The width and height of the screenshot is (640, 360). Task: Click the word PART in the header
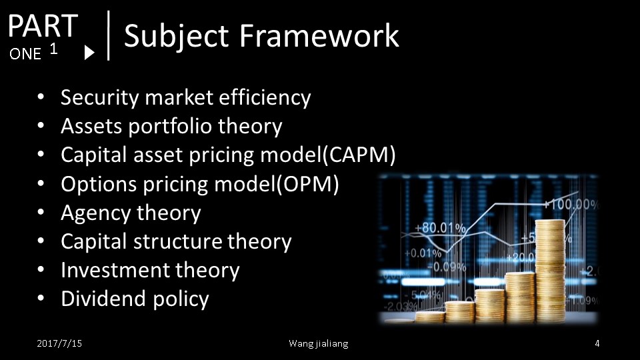(43, 25)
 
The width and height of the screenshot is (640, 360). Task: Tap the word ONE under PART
(25, 54)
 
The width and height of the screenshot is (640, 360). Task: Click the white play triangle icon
(89, 53)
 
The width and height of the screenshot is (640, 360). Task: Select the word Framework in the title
(319, 35)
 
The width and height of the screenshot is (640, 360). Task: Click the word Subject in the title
(176, 37)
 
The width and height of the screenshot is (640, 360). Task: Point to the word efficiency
(265, 98)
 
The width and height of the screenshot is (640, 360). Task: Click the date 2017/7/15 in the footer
(59, 344)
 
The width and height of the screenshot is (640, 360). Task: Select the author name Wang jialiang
(319, 344)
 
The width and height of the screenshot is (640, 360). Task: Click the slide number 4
(597, 344)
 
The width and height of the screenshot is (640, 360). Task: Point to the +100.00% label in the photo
(571, 204)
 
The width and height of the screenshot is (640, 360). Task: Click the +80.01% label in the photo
(440, 228)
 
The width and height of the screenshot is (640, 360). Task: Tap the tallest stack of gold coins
(550, 271)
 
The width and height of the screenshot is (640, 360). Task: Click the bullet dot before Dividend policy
(41, 299)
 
